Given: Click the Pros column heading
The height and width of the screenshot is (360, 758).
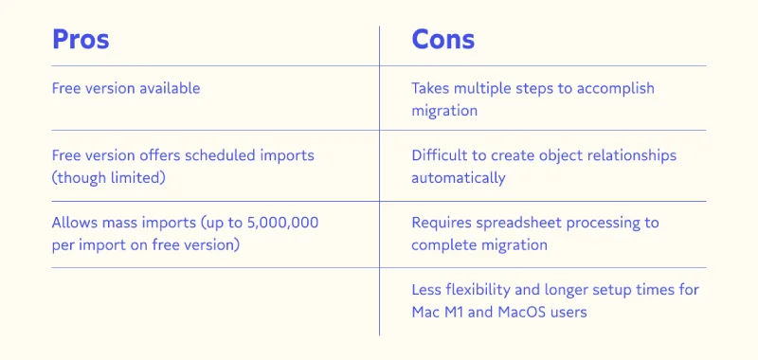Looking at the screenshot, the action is click(x=81, y=40).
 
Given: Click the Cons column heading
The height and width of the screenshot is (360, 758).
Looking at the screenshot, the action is click(x=442, y=40).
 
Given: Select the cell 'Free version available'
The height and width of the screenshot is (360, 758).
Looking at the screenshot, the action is click(x=126, y=88).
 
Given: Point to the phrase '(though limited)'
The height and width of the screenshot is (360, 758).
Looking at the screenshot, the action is click(x=108, y=178).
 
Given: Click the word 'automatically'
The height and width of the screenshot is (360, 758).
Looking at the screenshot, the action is click(x=459, y=178).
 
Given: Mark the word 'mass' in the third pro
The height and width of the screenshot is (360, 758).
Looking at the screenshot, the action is click(x=115, y=224).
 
